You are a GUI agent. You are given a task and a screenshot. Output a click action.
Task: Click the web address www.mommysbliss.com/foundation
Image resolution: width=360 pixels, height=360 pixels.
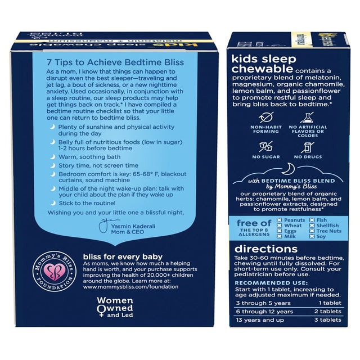130,286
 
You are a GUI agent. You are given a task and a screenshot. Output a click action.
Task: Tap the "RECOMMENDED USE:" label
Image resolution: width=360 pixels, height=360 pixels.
263,282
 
